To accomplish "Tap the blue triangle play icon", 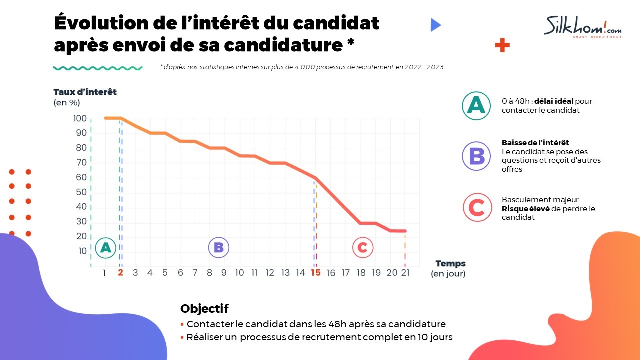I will pyautogui.click(x=435, y=25).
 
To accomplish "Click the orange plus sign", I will pyautogui.click(x=502, y=46).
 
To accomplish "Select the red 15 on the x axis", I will pyautogui.click(x=315, y=273).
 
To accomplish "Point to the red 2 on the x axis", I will pyautogui.click(x=120, y=273).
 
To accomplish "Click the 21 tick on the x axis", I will pyautogui.click(x=405, y=273).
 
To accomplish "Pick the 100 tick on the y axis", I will pyautogui.click(x=80, y=118).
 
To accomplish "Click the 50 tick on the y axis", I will pyautogui.click(x=81, y=192).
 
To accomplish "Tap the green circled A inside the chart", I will pyautogui.click(x=105, y=247).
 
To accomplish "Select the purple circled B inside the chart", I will pyautogui.click(x=218, y=247).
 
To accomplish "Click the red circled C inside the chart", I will pyautogui.click(x=362, y=247).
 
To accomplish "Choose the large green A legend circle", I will pyautogui.click(x=476, y=105).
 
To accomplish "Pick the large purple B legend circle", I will pyautogui.click(x=476, y=156).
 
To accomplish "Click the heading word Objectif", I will pyautogui.click(x=204, y=308).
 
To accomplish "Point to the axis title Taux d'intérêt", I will pyautogui.click(x=85, y=92).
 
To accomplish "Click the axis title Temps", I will pyautogui.click(x=450, y=263).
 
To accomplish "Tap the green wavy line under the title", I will pyautogui.click(x=98, y=68).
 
